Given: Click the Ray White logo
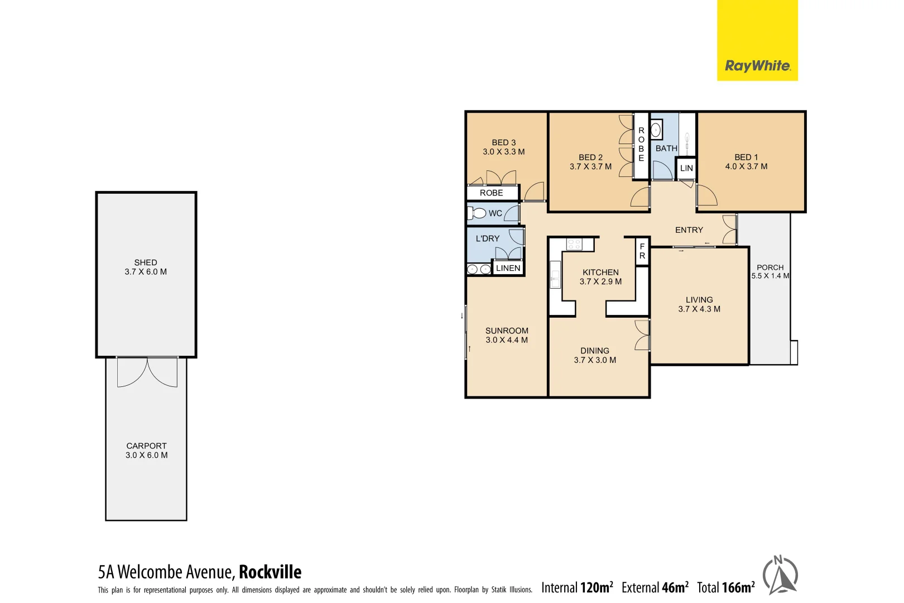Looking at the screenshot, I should [757, 66].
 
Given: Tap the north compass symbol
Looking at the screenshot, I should [780, 575].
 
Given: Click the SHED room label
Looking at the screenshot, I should [146, 262].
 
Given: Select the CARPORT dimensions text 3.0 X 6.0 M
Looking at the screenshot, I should [146, 455].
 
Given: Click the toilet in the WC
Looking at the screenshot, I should [477, 213].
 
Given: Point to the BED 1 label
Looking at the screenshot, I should [746, 157].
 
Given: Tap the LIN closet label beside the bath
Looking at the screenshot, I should [686, 168].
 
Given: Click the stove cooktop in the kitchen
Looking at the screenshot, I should [574, 244].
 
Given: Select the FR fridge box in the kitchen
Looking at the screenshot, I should [642, 251].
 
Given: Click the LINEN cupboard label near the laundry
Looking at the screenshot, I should [508, 268].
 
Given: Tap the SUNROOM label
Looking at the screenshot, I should [507, 331].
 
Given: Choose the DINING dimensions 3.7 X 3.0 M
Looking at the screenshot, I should [595, 360].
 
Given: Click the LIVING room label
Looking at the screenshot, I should [699, 300].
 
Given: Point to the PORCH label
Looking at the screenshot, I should [770, 267].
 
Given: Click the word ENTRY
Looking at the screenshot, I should [689, 230].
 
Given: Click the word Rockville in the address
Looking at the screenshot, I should [270, 572].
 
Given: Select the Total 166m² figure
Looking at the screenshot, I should [725, 587].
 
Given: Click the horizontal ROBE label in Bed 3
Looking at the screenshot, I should [491, 193].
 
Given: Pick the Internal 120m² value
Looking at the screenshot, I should [577, 587].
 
